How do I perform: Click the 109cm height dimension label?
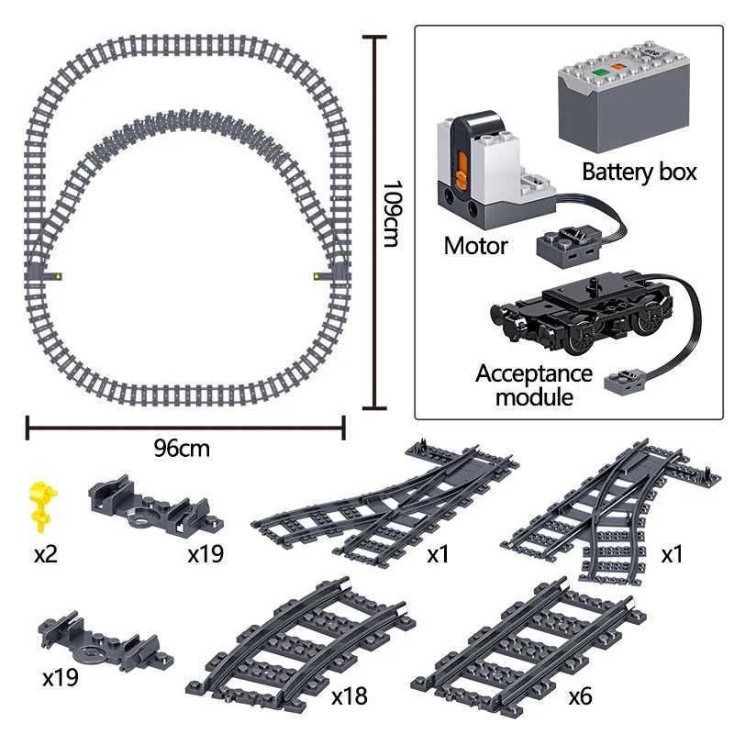click(x=391, y=214)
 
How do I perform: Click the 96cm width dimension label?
click(x=182, y=449)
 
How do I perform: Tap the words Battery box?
click(x=639, y=172)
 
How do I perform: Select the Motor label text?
click(x=475, y=246)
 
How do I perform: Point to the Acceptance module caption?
click(x=534, y=385)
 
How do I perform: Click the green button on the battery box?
click(x=598, y=72)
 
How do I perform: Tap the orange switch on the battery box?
click(x=617, y=68)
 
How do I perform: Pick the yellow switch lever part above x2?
click(x=42, y=506)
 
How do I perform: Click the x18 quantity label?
click(x=349, y=696)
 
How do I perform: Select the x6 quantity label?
click(x=580, y=696)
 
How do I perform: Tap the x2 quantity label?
click(x=45, y=554)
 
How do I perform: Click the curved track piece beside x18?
click(x=301, y=648)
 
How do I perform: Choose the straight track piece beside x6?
click(x=529, y=649)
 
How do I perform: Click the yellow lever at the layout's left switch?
click(x=58, y=276)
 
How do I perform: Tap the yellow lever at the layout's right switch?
click(x=317, y=276)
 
